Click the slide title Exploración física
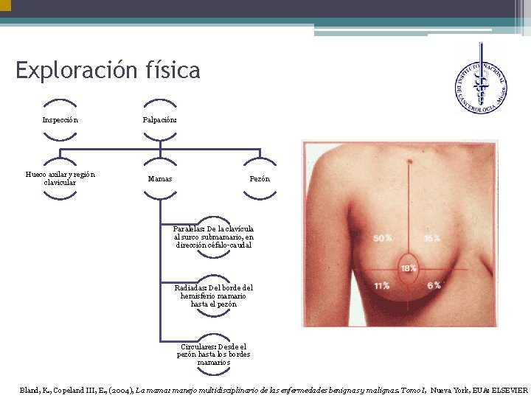[108, 71]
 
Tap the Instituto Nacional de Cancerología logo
[480, 78]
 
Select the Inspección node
[60, 119]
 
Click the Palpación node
[159, 119]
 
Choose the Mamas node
[160, 179]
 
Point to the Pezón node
[260, 179]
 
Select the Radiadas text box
[214, 296]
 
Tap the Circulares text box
[214, 354]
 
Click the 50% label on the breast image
[382, 239]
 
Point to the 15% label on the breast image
[431, 239]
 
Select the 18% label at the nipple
[408, 268]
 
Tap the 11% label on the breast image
[382, 285]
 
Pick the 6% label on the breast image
[434, 285]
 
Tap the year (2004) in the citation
[120, 389]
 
